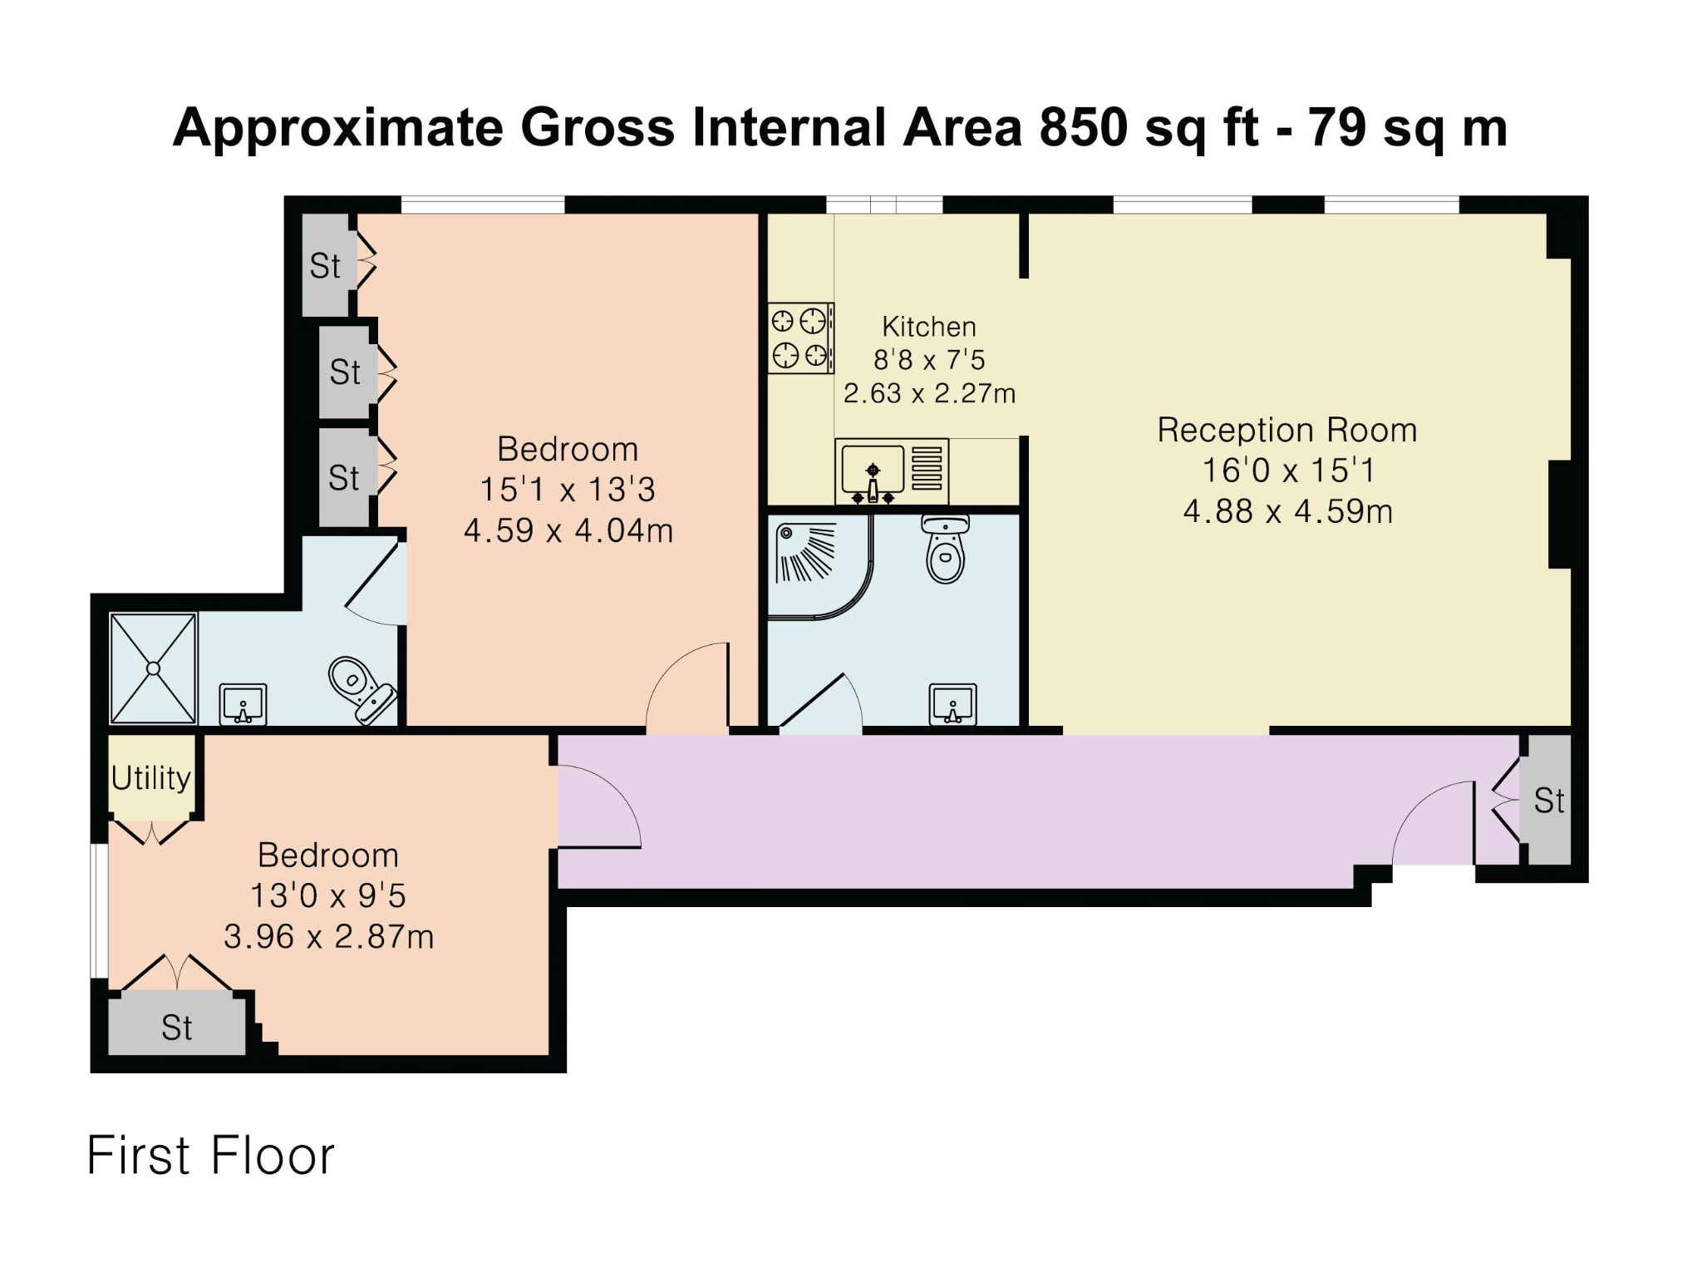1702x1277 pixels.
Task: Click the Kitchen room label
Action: pyautogui.click(x=928, y=327)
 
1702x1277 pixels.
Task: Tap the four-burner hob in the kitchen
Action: pyautogui.click(x=800, y=338)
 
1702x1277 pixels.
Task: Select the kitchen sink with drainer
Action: pyautogui.click(x=892, y=471)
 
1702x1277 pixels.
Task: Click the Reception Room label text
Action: pyautogui.click(x=1287, y=430)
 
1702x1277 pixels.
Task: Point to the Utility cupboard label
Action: pyautogui.click(x=151, y=778)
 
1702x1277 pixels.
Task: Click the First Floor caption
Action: pyautogui.click(x=210, y=1156)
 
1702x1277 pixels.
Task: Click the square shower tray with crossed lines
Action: pyautogui.click(x=153, y=668)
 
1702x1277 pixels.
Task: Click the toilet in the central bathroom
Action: pyautogui.click(x=946, y=550)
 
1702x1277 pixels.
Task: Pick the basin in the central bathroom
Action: pyautogui.click(x=953, y=704)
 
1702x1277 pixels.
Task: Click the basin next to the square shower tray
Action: pyautogui.click(x=243, y=704)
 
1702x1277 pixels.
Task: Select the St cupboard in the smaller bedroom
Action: pyautogui.click(x=177, y=1026)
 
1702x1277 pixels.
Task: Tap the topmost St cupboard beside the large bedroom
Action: pyautogui.click(x=325, y=265)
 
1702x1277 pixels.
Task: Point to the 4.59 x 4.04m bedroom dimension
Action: pyautogui.click(x=568, y=530)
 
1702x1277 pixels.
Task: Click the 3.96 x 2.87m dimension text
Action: pyautogui.click(x=329, y=937)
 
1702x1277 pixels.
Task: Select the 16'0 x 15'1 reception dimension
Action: pyautogui.click(x=1288, y=471)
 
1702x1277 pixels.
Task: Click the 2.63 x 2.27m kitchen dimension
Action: pyautogui.click(x=929, y=393)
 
